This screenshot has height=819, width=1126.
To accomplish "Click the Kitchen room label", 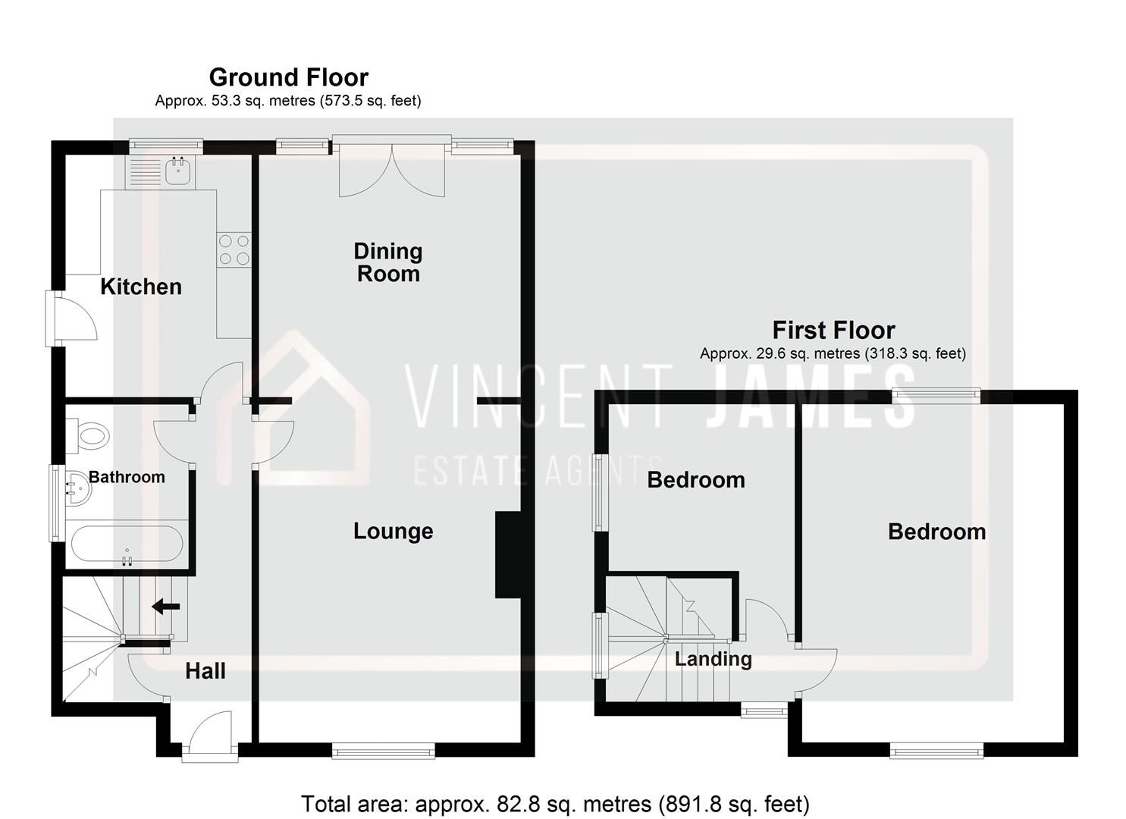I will click(141, 287).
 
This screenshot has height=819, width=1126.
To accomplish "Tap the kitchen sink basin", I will click(180, 172).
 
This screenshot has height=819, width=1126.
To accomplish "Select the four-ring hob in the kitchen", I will click(234, 249).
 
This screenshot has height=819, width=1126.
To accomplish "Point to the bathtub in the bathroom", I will click(126, 544).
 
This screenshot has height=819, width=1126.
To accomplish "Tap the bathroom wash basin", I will click(77, 486).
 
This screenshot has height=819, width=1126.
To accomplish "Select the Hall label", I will click(205, 670).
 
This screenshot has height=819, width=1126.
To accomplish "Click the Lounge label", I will click(393, 531).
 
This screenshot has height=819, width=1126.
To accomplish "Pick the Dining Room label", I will click(388, 262).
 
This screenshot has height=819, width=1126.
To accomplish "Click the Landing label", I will click(713, 659).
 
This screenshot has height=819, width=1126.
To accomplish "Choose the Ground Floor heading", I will click(288, 77).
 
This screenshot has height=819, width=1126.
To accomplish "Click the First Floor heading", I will click(833, 331).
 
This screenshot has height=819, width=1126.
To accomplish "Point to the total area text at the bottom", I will click(555, 804).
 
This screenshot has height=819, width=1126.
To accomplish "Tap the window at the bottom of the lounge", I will click(384, 752).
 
